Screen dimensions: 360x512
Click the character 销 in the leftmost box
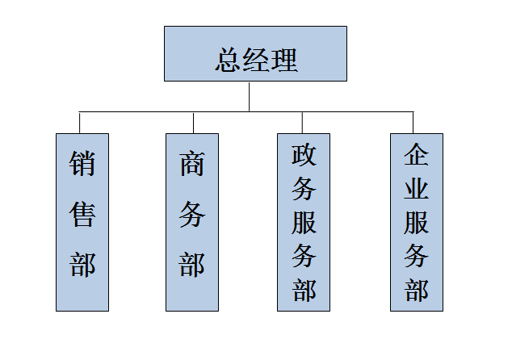point(82,164)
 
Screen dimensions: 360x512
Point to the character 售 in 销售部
point(82,214)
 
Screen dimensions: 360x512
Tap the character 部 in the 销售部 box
point(82,264)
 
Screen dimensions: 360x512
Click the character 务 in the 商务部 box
point(192,215)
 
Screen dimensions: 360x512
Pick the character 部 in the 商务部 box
point(192,264)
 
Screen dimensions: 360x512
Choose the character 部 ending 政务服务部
point(304,290)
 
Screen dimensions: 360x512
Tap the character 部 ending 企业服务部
point(416,290)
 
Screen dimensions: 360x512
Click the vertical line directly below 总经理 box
point(250,96)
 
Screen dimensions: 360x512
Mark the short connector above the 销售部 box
point(80,122)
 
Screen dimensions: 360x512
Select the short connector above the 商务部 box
point(193,122)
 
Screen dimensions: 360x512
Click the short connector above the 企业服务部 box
point(413,122)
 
